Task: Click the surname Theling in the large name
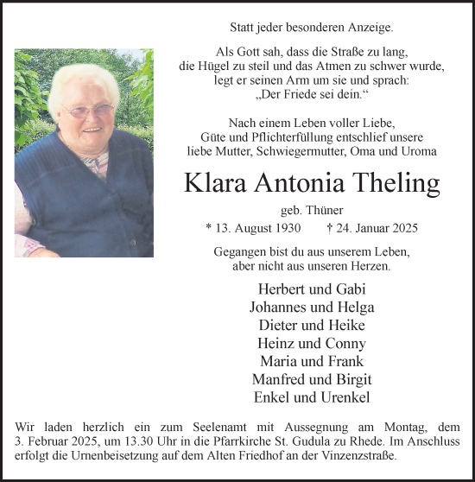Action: (x=393, y=183)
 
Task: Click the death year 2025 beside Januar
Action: (x=402, y=229)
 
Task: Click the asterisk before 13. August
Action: (x=208, y=230)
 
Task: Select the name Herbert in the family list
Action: (x=281, y=288)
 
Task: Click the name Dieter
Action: (x=279, y=325)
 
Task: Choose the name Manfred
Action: (x=280, y=379)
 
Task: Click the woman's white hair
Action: (x=82, y=77)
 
